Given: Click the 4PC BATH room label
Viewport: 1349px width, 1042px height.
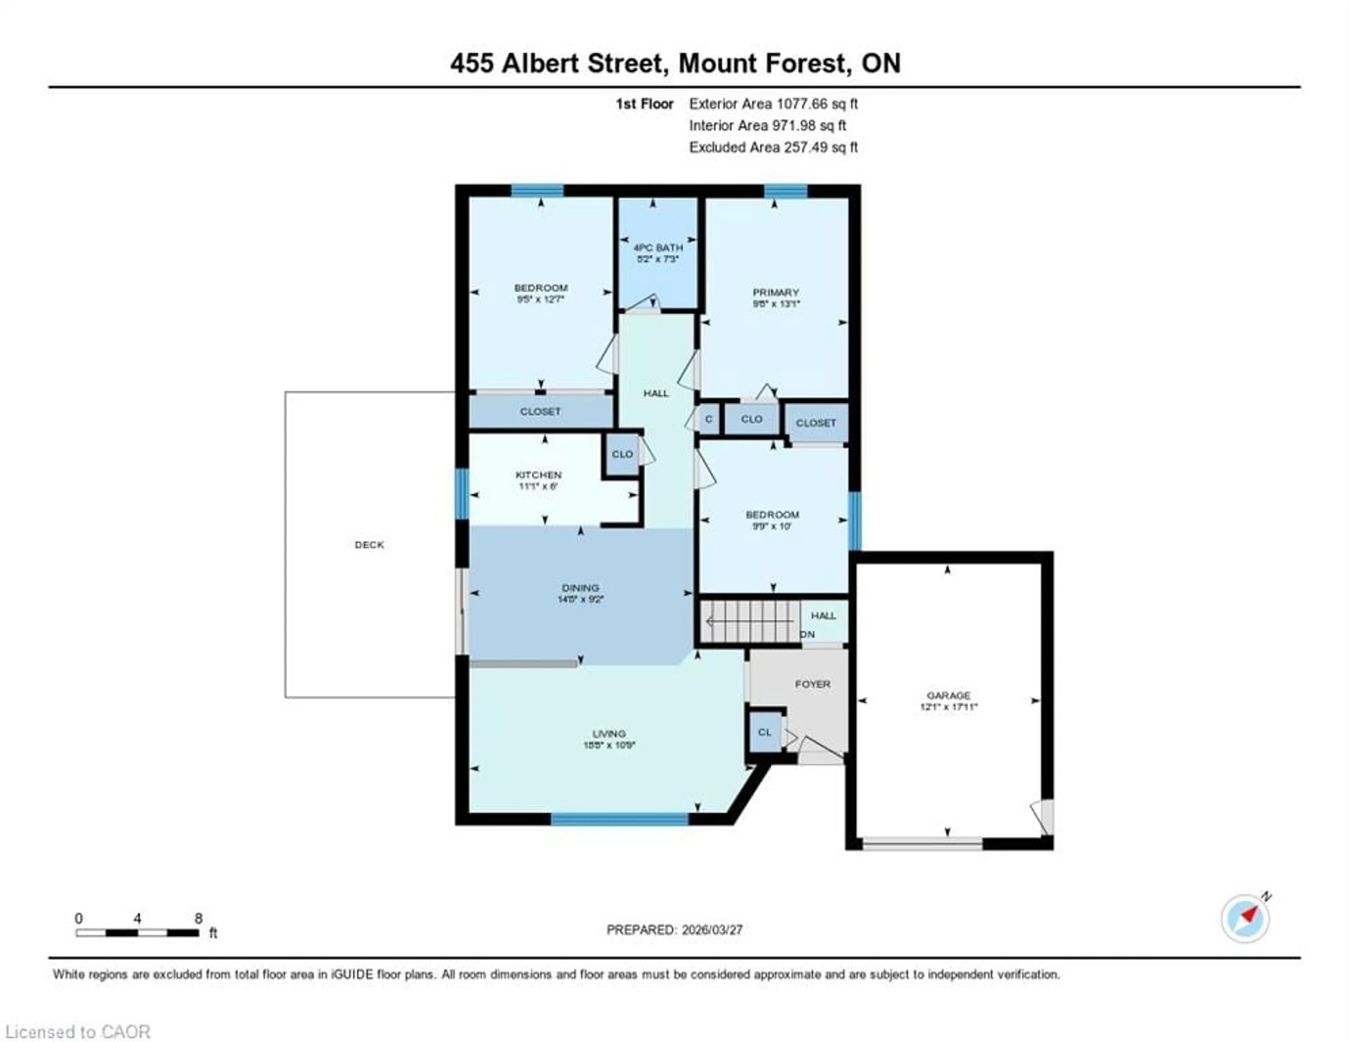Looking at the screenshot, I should point(658,247).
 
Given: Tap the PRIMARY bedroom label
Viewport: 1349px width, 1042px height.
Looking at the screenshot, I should point(776,292).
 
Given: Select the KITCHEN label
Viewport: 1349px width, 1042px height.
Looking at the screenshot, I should point(539,474).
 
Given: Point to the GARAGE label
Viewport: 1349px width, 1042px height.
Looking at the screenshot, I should point(948,695).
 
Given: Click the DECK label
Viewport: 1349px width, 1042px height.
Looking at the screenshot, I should point(369,544).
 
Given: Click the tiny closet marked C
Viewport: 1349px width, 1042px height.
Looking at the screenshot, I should point(709,419).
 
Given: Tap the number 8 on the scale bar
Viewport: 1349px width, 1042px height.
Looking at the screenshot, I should point(198,918).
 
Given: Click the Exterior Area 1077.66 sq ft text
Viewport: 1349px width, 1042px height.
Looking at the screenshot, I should point(773,104).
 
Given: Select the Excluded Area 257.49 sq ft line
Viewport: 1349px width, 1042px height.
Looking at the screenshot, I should point(773,147).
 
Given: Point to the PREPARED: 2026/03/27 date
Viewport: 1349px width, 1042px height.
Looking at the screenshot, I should point(674,930).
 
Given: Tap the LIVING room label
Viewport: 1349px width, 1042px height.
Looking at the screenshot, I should point(609,734).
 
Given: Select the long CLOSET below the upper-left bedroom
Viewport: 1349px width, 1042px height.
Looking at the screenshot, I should point(540,411).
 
